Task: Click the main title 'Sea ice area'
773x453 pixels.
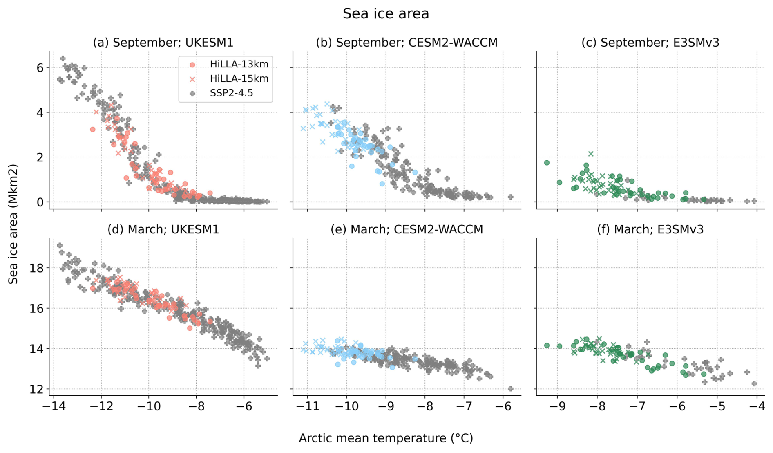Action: [x=386, y=14]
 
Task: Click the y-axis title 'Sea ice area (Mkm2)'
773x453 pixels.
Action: [x=13, y=224]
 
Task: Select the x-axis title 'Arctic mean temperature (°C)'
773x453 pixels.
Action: [x=386, y=438]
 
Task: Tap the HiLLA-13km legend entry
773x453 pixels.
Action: [x=239, y=64]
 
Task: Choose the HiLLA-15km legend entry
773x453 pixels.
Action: [x=239, y=78]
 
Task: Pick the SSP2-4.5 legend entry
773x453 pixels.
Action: [x=231, y=93]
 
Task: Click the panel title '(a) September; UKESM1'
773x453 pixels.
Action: [x=163, y=43]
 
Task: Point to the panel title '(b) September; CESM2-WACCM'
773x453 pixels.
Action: [x=407, y=43]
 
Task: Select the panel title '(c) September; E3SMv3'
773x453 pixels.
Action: [x=650, y=43]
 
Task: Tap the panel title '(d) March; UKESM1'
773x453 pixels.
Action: [x=163, y=229]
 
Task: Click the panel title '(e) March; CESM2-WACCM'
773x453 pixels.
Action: [x=407, y=229]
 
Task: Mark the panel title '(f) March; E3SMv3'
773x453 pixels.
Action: [x=650, y=229]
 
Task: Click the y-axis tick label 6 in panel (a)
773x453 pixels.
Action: [x=40, y=67]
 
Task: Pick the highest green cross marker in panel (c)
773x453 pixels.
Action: [x=591, y=154]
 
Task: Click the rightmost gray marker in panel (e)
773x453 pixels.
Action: [x=510, y=389]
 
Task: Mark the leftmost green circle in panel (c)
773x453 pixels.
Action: [x=547, y=163]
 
